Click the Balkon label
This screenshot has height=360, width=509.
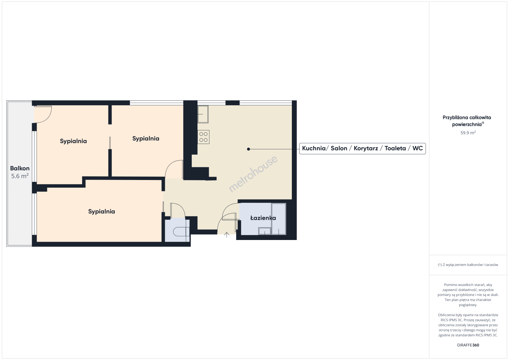click(x=20, y=168)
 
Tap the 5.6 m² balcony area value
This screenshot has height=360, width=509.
click(x=20, y=176)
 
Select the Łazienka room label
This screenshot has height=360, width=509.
click(x=263, y=218)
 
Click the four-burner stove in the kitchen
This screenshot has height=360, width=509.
click(x=203, y=137)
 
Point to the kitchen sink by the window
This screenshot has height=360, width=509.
click(x=203, y=114)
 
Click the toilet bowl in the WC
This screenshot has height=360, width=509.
click(x=179, y=232)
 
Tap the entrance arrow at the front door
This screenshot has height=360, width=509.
click(x=226, y=235)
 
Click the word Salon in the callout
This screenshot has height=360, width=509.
click(x=339, y=149)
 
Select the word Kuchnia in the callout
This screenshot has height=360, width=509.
click(x=314, y=149)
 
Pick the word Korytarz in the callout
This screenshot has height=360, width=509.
click(x=366, y=149)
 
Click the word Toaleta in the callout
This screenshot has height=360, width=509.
click(x=395, y=149)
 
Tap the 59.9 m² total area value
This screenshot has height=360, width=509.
click(x=468, y=133)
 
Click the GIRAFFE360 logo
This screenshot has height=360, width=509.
click(x=468, y=345)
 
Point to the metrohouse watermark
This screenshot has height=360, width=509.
click(x=253, y=174)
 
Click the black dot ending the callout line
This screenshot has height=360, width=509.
click(x=248, y=149)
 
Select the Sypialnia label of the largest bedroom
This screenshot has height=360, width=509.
click(x=102, y=212)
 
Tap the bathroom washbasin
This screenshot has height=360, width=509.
click(x=265, y=231)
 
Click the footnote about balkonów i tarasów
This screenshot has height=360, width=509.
click(x=468, y=265)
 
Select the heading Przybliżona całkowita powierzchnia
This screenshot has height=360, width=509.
click(x=467, y=121)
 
